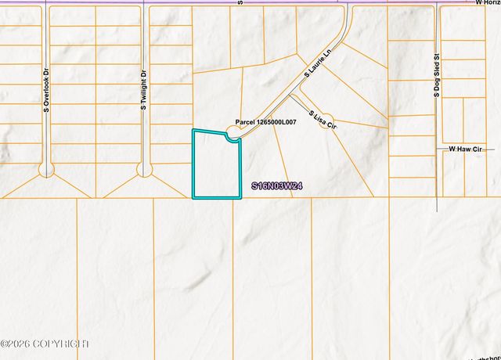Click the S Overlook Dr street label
pyautogui.click(x=47, y=88)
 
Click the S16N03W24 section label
pyautogui.click(x=277, y=186)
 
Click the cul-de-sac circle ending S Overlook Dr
pyautogui.click(x=47, y=169)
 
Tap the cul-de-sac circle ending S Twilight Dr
pyautogui.click(x=144, y=169)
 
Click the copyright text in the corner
pyautogui.click(x=45, y=344)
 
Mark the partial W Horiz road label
pyautogui.click(x=487, y=3)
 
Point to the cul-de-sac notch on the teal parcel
pyautogui.click(x=232, y=139)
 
